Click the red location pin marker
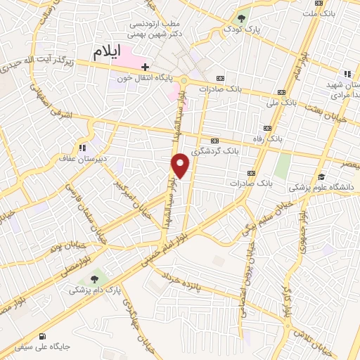click(x=181, y=165)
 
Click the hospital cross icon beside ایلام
click(x=146, y=66)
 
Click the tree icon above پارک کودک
click(x=242, y=18)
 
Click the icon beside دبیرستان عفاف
click(x=83, y=148)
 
